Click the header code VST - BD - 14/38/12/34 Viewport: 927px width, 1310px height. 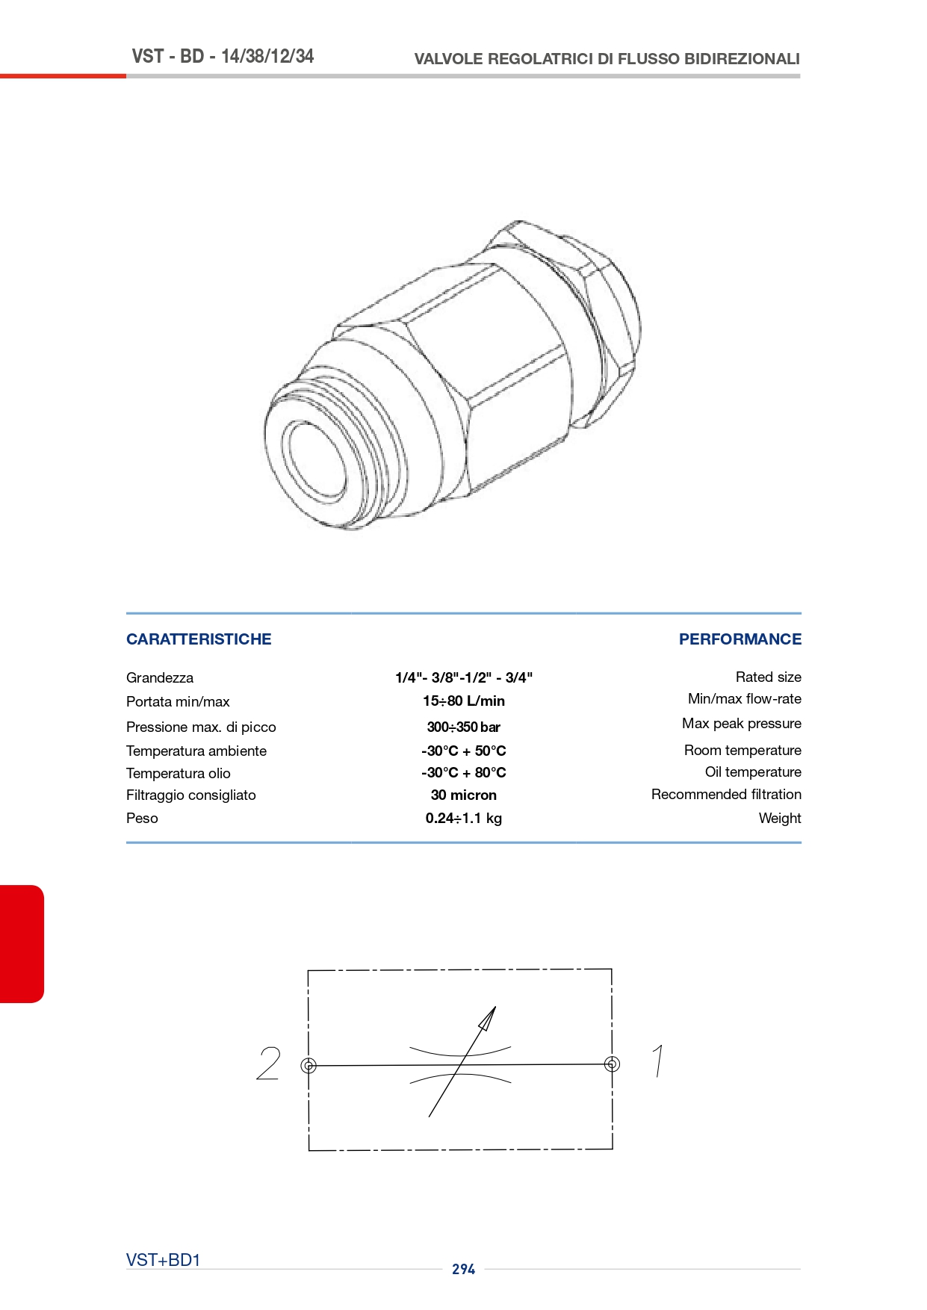point(223,56)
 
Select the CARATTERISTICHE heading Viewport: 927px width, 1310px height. point(199,639)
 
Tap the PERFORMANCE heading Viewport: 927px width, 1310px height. point(740,639)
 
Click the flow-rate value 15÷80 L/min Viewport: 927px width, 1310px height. point(464,701)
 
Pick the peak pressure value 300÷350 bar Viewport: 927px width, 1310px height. point(464,727)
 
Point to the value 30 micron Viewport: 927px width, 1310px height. point(464,795)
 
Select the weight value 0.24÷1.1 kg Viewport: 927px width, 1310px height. point(464,819)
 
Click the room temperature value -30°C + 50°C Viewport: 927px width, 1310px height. point(464,751)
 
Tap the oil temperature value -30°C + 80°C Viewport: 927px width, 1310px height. point(464,773)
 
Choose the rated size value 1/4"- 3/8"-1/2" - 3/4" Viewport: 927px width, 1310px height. point(464,677)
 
